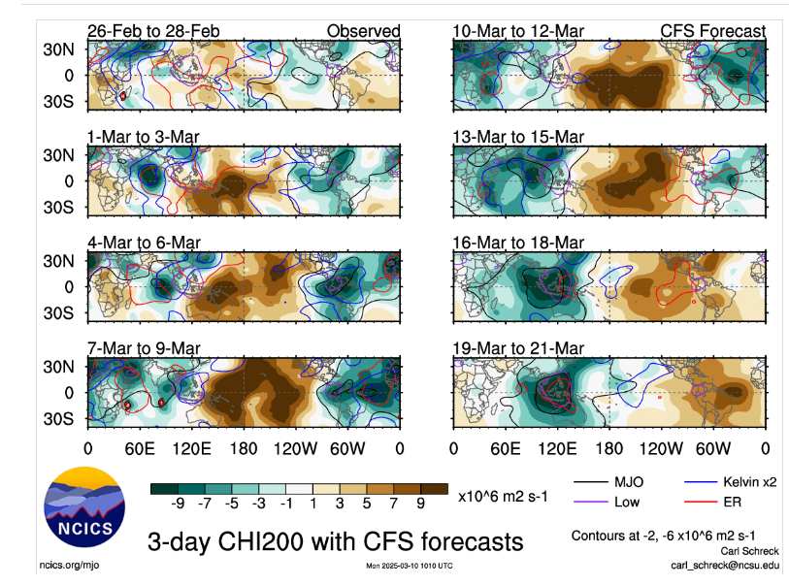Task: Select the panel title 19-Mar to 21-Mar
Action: (x=518, y=348)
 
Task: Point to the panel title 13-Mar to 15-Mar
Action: (x=518, y=137)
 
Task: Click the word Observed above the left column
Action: (x=363, y=31)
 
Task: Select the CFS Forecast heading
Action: (x=712, y=31)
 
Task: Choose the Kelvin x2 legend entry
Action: (x=737, y=482)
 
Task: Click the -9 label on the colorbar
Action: (x=178, y=505)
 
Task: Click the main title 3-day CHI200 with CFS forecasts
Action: (x=335, y=540)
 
